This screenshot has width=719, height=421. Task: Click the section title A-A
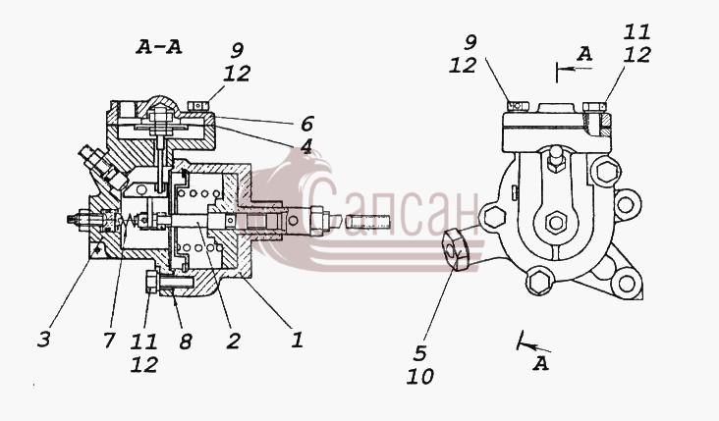159,47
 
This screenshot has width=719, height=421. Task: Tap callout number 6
306,124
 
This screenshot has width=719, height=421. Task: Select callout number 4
305,146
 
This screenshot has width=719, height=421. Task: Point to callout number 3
44,340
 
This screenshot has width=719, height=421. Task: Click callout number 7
109,340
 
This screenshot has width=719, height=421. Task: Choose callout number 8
186,342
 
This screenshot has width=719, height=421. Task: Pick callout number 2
233,341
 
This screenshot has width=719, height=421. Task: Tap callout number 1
298,340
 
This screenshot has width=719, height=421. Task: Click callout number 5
419,353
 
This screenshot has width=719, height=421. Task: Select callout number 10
420,377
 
